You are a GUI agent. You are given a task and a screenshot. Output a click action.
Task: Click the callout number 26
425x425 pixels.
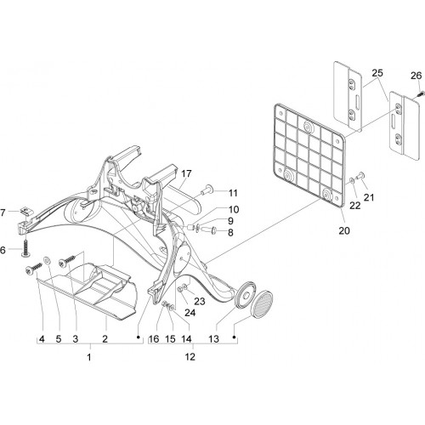click(x=416, y=76)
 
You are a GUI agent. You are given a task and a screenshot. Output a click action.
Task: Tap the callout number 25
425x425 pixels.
click(x=377, y=73)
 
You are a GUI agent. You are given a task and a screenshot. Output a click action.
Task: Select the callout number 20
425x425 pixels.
click(x=344, y=230)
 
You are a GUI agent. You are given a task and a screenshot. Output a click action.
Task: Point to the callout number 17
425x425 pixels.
click(x=186, y=173)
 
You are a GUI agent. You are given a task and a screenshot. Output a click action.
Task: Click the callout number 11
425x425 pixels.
click(x=233, y=193)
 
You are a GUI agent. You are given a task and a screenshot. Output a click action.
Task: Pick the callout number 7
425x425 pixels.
click(x=3, y=212)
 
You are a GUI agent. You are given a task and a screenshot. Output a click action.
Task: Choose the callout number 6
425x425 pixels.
click(x=3, y=251)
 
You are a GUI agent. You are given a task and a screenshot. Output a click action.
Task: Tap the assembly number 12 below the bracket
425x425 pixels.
click(x=190, y=357)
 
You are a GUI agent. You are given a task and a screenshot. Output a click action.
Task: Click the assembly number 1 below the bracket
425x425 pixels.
click(x=89, y=357)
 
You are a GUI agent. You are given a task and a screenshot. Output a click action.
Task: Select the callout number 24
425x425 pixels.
click(x=190, y=313)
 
